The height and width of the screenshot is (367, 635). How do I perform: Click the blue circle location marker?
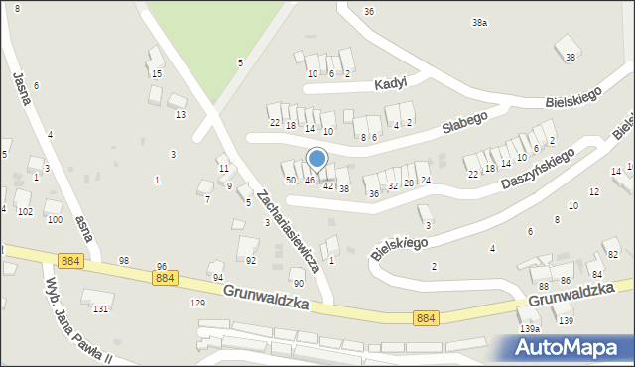[317, 158]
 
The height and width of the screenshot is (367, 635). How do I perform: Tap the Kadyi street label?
[392, 84]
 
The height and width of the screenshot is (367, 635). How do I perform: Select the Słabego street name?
[464, 117]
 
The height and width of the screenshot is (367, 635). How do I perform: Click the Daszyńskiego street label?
[539, 170]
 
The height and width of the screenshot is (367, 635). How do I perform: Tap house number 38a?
[479, 22]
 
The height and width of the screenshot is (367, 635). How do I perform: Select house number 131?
[100, 309]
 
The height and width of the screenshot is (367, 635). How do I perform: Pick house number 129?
[197, 303]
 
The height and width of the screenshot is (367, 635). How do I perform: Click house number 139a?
[530, 328]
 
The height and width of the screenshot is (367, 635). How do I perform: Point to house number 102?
[25, 212]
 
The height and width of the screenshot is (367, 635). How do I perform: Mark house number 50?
[291, 180]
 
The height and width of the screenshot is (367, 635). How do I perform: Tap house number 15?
[156, 74]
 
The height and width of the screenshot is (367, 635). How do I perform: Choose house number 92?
[251, 260]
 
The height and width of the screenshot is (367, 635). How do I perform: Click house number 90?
[297, 284]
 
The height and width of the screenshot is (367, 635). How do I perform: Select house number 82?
[612, 255]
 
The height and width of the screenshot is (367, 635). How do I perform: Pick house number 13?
[180, 115]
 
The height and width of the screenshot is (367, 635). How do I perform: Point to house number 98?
[124, 260]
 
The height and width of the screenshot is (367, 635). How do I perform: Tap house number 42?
[328, 186]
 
